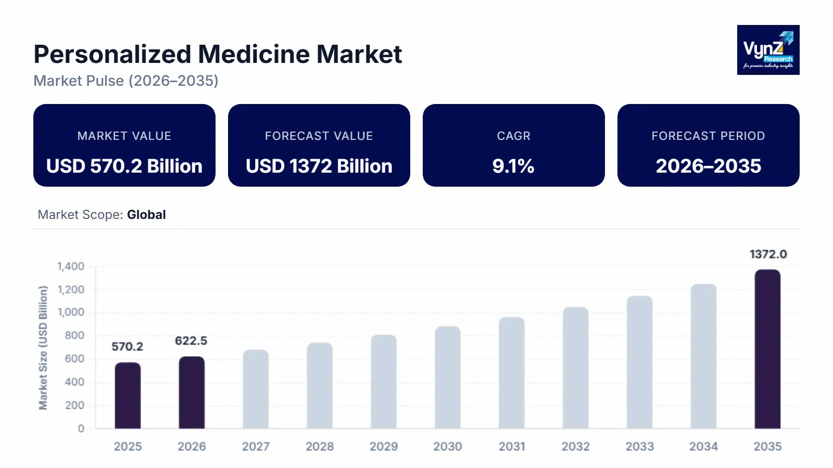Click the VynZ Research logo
click(x=768, y=50)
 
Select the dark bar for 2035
click(x=767, y=349)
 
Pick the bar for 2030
click(x=448, y=378)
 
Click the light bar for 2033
click(x=639, y=362)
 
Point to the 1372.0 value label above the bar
click(x=768, y=254)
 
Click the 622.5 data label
click(x=191, y=341)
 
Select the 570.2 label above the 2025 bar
click(x=127, y=346)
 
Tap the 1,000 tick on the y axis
click(x=71, y=313)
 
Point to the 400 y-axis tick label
click(x=74, y=382)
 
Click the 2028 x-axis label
click(x=320, y=446)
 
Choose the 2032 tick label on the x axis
click(x=575, y=446)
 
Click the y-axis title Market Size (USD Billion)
click(x=43, y=347)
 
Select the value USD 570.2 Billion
click(x=124, y=166)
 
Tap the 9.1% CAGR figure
click(x=513, y=166)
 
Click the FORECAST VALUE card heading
click(x=319, y=136)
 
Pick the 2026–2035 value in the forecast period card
click(x=708, y=166)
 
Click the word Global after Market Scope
click(x=146, y=215)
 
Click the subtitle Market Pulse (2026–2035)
click(x=126, y=81)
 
